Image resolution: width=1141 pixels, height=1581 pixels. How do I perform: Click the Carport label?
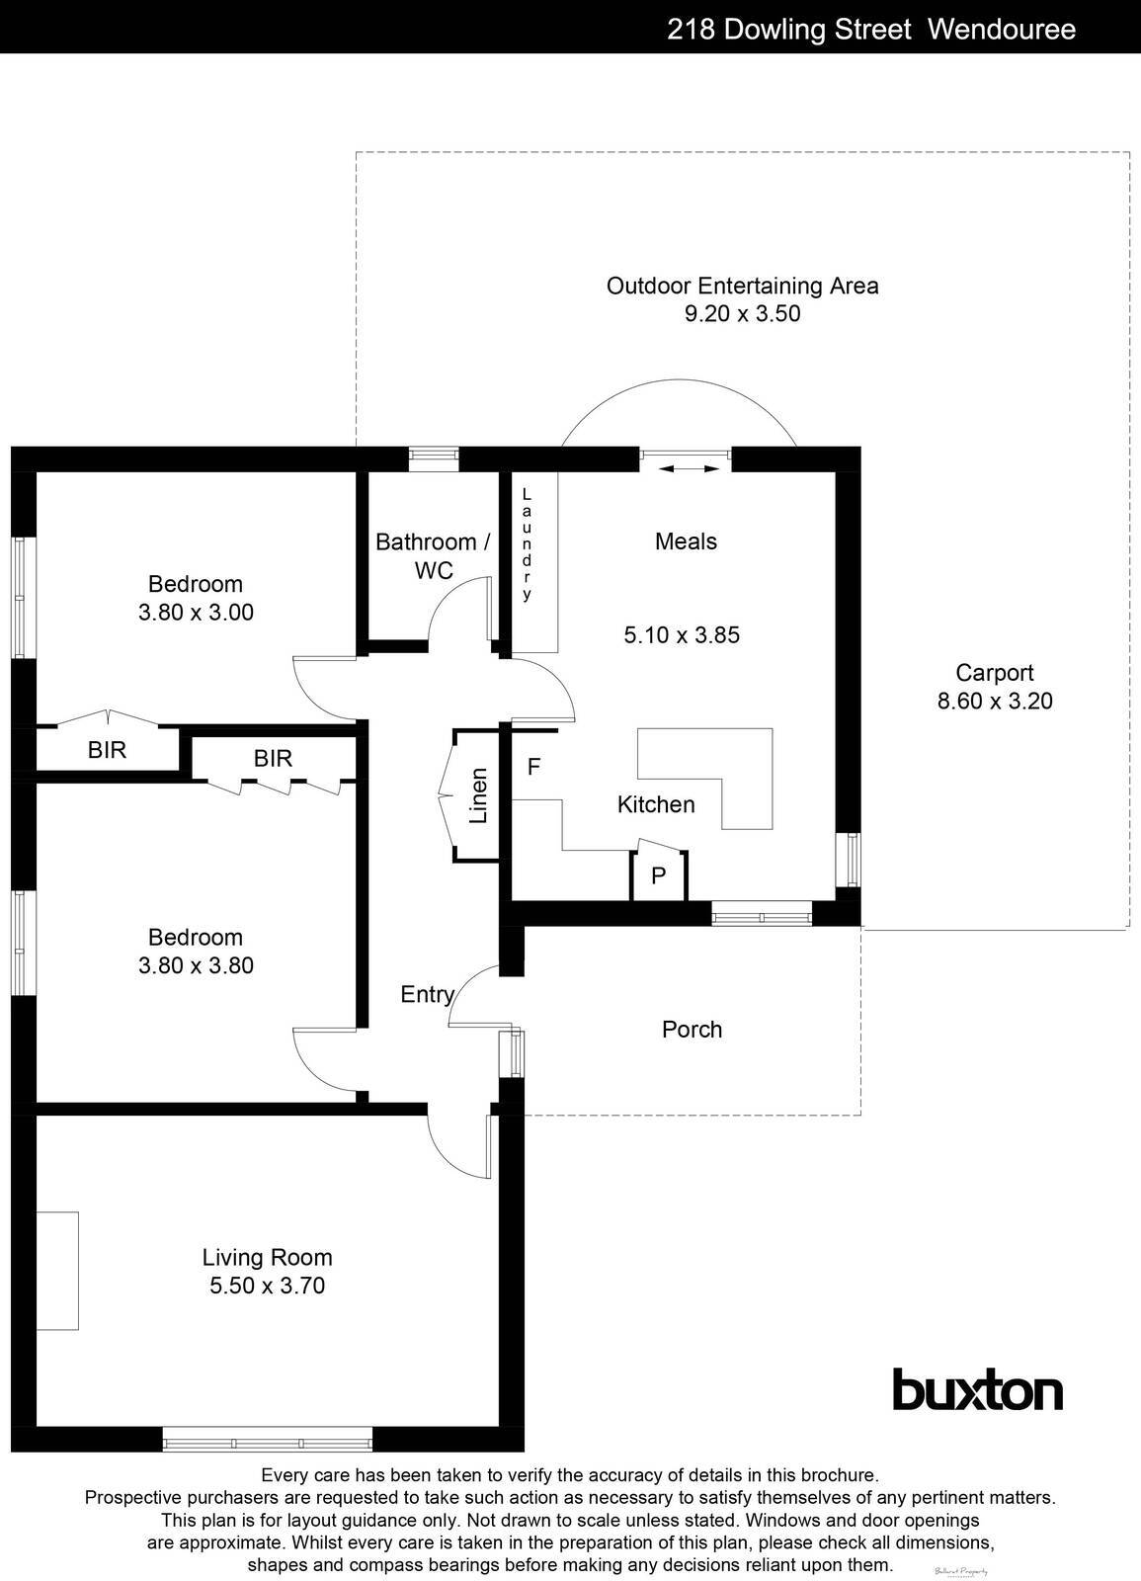(x=994, y=673)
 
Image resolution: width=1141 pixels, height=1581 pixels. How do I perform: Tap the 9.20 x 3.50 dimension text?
(x=742, y=314)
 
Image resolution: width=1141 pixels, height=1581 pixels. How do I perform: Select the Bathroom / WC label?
(x=433, y=555)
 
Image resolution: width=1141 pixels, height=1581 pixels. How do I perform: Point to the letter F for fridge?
(x=533, y=767)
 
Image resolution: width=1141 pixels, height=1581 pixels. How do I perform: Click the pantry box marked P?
(x=659, y=875)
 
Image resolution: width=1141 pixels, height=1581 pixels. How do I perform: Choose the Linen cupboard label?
(x=479, y=795)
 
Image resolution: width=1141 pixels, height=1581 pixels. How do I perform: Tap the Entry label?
(x=427, y=994)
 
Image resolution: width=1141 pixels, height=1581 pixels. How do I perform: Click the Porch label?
(x=692, y=1030)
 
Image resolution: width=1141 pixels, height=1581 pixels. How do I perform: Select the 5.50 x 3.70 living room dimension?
(x=267, y=1286)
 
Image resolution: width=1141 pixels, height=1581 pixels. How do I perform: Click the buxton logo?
(x=977, y=1390)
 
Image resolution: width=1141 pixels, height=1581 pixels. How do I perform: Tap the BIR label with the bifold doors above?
(x=107, y=750)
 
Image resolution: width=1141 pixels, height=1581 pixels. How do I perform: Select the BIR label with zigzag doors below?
(x=273, y=758)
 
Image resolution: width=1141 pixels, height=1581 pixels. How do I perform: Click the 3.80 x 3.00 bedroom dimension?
(x=196, y=612)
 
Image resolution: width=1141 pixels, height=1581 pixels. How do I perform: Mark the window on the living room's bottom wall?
(x=268, y=1439)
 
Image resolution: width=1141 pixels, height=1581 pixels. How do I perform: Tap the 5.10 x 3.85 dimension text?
(x=682, y=634)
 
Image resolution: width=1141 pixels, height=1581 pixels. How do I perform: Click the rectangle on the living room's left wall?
(x=57, y=1270)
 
